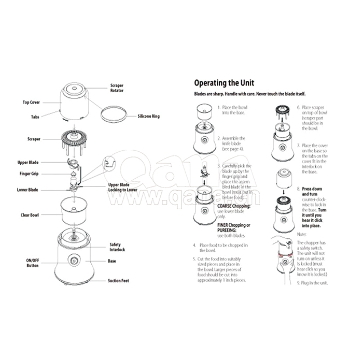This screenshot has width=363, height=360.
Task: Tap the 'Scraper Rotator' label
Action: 117,88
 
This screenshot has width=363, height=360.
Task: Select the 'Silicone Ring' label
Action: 149,116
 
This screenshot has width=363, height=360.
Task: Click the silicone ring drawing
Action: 114,112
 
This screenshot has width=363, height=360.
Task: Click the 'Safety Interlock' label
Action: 117,247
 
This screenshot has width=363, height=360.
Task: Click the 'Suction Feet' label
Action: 118,281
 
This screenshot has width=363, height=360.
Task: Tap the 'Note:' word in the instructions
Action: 301,234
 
